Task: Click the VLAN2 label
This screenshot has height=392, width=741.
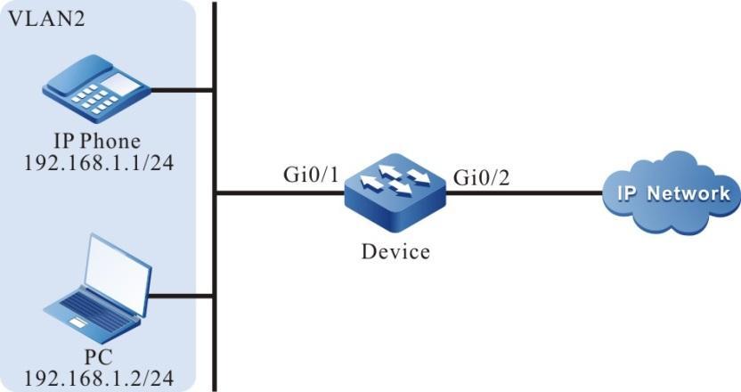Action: coord(45,19)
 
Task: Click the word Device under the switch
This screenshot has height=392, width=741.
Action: coord(395,251)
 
